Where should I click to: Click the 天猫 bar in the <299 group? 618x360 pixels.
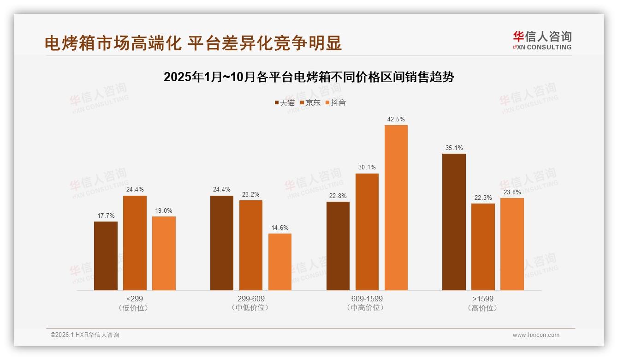[106, 256]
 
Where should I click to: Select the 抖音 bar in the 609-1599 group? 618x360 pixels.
[396, 207]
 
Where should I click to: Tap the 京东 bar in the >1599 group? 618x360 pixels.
[483, 246]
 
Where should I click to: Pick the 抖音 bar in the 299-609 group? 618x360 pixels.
[280, 262]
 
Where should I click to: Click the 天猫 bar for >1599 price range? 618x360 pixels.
[454, 222]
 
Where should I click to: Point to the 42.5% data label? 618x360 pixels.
[396, 119]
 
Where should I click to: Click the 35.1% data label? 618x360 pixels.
[454, 148]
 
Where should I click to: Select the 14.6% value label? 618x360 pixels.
[280, 228]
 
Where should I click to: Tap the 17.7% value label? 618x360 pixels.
[106, 216]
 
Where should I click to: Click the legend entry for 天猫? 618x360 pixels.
[285, 103]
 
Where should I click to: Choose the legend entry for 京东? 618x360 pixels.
[310, 103]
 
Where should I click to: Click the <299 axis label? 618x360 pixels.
[134, 299]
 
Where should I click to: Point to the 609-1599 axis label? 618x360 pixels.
[367, 299]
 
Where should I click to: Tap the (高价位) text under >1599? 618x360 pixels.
[482, 308]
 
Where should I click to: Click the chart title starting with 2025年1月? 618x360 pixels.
[309, 77]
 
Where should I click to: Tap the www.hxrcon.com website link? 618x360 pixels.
[536, 335]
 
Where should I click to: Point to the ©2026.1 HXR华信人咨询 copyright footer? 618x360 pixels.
[85, 335]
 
